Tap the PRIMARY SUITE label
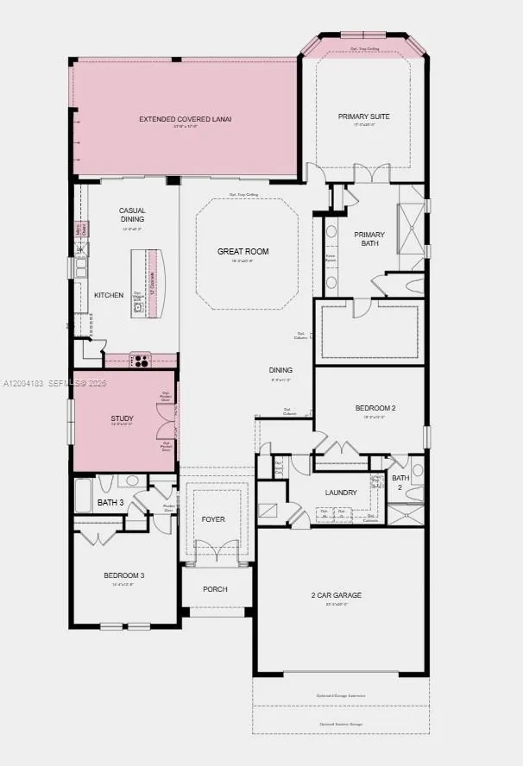click(x=363, y=116)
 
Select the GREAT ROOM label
click(x=243, y=252)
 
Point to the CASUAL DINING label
click(x=132, y=214)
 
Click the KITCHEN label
click(x=109, y=295)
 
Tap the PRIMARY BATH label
click(x=369, y=239)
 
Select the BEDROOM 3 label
click(x=123, y=575)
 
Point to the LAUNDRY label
click(x=341, y=493)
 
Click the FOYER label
click(x=213, y=519)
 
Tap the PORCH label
click(x=215, y=589)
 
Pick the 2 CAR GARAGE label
click(x=336, y=595)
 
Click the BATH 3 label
click(x=110, y=502)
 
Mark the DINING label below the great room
click(x=280, y=370)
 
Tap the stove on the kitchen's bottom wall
click(x=140, y=360)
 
